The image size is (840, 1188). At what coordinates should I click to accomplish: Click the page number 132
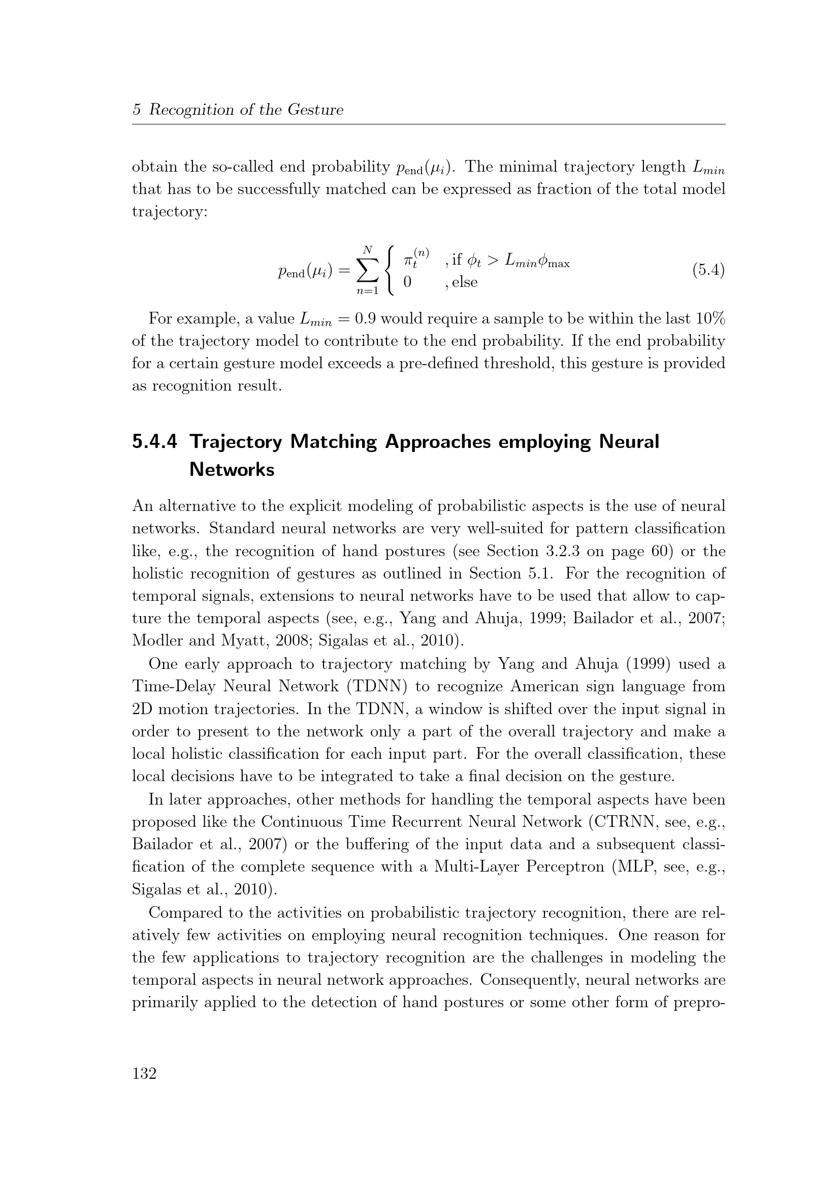tap(144, 1074)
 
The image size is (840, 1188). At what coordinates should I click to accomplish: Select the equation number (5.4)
tap(708, 270)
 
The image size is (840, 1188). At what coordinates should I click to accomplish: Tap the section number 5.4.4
tap(155, 442)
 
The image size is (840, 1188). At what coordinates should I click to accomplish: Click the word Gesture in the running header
tap(315, 110)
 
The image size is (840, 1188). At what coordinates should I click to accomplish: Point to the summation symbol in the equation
tap(367, 270)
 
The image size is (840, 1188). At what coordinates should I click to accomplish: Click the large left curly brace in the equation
tap(391, 271)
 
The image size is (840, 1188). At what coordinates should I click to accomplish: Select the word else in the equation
tap(465, 282)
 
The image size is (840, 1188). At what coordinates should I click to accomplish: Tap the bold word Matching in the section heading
tap(334, 442)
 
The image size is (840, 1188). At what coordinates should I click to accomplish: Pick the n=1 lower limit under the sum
tap(367, 291)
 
